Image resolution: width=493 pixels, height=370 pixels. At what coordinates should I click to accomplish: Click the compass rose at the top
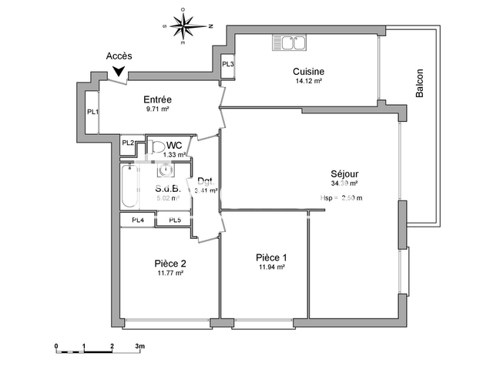(183, 26)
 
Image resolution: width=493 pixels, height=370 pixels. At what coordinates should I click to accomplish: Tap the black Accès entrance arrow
(118, 72)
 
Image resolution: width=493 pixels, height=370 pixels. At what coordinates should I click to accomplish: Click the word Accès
(119, 56)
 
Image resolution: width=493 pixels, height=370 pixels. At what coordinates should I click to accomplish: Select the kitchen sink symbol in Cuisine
(290, 44)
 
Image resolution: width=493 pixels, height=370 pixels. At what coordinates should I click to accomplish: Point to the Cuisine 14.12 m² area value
(307, 80)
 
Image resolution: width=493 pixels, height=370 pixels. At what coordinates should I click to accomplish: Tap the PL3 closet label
(228, 64)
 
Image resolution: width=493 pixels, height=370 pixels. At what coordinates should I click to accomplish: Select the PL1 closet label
(92, 113)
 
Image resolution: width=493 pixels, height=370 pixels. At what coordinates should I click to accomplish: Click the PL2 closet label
(128, 143)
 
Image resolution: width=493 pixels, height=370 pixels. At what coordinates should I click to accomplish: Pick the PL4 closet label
(137, 220)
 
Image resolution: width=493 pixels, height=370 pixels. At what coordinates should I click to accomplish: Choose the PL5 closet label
(175, 220)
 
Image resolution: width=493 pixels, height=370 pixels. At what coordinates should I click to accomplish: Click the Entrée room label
(157, 99)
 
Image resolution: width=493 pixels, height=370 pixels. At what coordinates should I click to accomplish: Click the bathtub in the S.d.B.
(129, 186)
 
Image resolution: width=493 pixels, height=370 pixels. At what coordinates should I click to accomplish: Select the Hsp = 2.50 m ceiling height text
(340, 198)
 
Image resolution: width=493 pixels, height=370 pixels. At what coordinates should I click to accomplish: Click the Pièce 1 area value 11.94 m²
(272, 267)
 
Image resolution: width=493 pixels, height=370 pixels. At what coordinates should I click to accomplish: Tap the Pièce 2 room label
(169, 263)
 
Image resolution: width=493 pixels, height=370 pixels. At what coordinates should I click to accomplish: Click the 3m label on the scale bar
(140, 346)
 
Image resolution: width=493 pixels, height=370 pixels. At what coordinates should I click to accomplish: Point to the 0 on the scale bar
(56, 346)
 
